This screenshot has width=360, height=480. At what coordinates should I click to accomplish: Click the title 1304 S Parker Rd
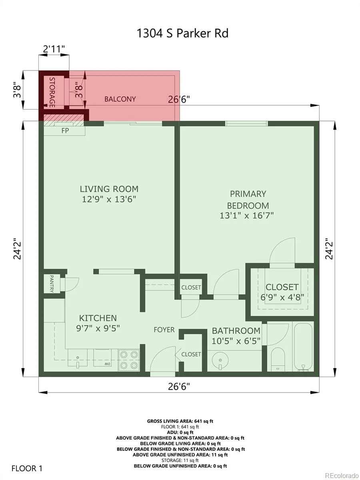[x=182, y=34]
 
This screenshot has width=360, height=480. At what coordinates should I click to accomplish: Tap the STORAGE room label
[x=52, y=92]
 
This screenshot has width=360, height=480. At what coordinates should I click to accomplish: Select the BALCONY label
[x=120, y=99]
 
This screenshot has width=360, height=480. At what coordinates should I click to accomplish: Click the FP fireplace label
[x=65, y=130]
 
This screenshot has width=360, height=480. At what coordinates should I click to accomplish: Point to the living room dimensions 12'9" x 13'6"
[x=109, y=199]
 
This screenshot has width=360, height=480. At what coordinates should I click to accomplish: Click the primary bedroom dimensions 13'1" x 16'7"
[x=246, y=216]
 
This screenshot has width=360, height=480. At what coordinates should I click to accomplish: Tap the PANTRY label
[x=52, y=284]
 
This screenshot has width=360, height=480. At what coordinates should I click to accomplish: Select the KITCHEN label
[x=98, y=318]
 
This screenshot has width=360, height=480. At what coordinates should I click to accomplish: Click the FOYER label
[x=164, y=330]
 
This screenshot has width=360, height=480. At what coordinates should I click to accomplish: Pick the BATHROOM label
[x=236, y=331]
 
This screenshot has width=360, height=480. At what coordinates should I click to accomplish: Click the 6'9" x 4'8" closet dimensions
[x=282, y=297]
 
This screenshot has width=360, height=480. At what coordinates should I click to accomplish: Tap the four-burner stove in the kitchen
[x=129, y=360]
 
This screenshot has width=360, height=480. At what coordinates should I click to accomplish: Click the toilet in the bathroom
[x=278, y=359]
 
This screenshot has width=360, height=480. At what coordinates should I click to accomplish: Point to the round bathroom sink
[x=220, y=360]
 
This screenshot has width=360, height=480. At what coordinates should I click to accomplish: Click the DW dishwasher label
[x=107, y=364]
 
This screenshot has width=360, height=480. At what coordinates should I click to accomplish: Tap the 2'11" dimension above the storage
[x=54, y=49]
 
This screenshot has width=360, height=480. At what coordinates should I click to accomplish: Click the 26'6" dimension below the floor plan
[x=179, y=387]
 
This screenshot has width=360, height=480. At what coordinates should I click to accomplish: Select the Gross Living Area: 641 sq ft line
[x=180, y=421]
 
